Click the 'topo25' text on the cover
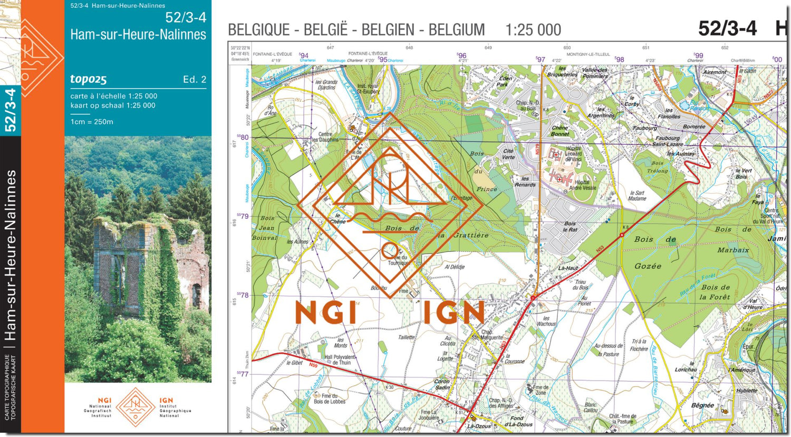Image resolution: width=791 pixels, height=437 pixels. (89, 80)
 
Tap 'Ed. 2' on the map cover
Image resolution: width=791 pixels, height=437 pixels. (195, 80)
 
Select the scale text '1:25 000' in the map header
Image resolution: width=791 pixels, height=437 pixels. (533, 30)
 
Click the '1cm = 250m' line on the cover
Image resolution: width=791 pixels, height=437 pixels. (92, 122)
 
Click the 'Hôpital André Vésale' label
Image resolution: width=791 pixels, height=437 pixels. (582, 185)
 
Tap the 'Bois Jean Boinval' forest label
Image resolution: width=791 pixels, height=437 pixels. (265, 228)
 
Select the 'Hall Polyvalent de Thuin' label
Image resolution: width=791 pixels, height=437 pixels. (340, 360)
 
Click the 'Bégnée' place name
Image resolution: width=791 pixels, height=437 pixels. (703, 405)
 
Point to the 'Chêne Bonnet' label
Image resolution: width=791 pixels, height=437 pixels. (560, 131)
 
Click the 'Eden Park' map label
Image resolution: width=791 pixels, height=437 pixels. (504, 81)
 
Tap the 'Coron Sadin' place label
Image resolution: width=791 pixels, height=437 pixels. (442, 384)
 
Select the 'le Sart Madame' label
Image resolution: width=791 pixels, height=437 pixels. (637, 196)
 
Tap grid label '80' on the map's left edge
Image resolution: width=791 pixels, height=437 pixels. (245, 138)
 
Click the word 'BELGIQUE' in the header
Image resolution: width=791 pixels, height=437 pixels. (258, 30)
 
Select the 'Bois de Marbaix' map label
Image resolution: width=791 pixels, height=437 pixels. (733, 239)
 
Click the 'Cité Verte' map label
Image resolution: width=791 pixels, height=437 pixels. (508, 154)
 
